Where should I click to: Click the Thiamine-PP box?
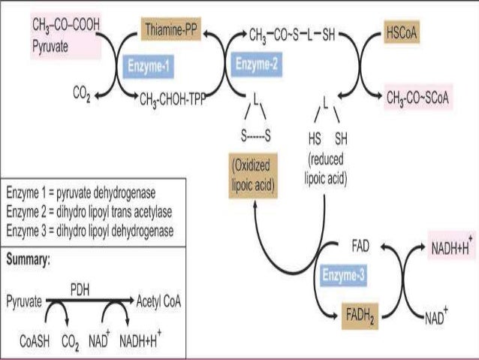(172, 32)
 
